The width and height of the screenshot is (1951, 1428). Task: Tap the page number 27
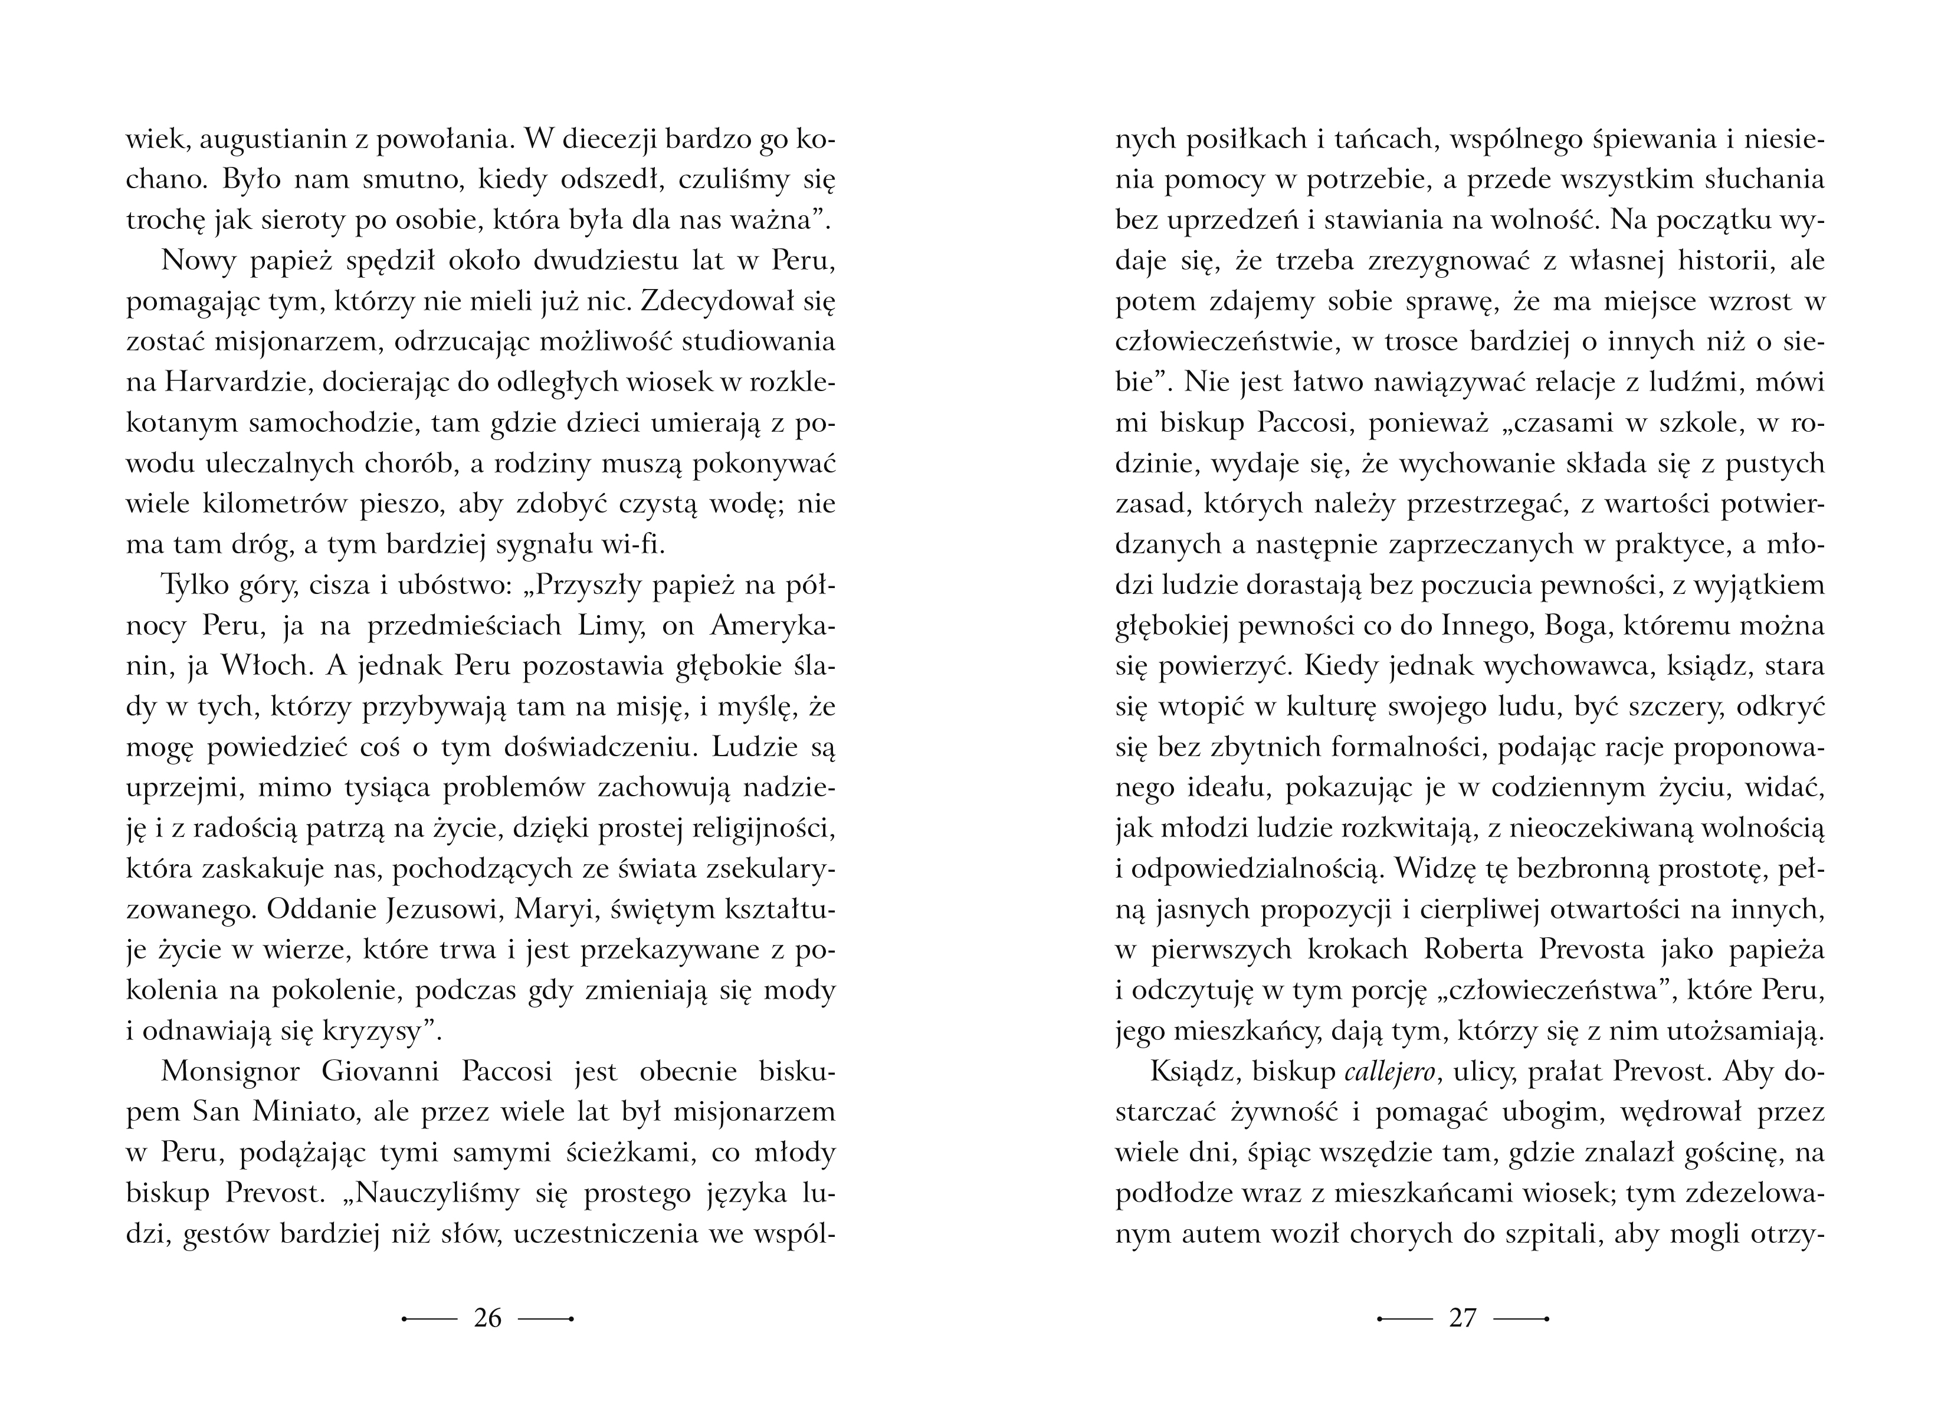pos(1463,1318)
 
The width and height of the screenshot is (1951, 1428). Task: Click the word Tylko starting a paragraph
pos(197,586)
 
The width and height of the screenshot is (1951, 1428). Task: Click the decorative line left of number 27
pos(1405,1319)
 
